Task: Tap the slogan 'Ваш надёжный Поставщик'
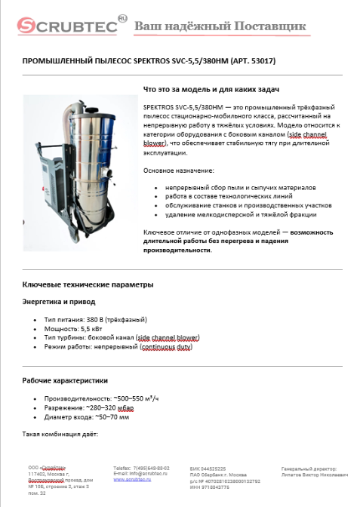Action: pyautogui.click(x=220, y=27)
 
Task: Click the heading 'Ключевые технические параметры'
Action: pyautogui.click(x=88, y=284)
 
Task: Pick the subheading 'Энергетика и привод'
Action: pyautogui.click(x=56, y=303)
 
